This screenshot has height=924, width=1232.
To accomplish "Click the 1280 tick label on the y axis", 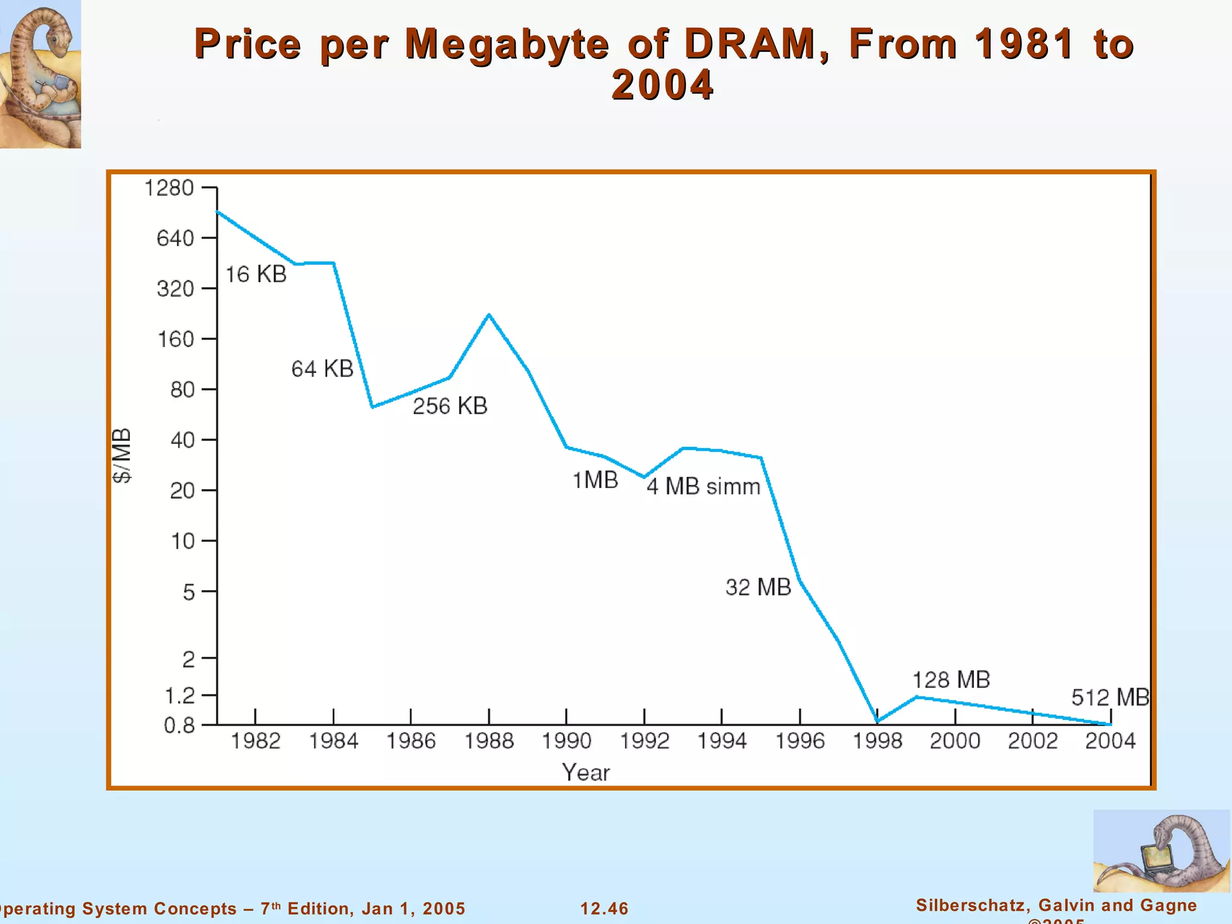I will (x=168, y=188).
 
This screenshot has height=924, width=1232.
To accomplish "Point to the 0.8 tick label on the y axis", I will (x=179, y=725).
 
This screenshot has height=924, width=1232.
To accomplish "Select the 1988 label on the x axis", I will (x=488, y=741).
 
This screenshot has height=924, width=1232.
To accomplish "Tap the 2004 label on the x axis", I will (x=1110, y=741).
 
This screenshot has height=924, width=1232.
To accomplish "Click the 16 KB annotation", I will (x=256, y=274).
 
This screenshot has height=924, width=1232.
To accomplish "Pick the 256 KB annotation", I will (x=449, y=406).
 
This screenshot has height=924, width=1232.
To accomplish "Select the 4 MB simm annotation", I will (x=703, y=486).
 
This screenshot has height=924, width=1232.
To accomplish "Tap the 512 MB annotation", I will (x=1110, y=698).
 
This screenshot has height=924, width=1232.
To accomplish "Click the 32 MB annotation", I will (x=758, y=587).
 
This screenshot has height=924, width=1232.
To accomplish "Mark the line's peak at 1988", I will (x=489, y=315).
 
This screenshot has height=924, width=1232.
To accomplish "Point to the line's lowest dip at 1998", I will (x=878, y=721).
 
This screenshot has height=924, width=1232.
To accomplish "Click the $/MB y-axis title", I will (x=122, y=455).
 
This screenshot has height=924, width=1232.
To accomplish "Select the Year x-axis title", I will (x=585, y=772).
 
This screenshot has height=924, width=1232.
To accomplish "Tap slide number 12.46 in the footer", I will (x=604, y=908).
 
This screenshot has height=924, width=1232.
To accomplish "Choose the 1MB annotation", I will (x=595, y=480).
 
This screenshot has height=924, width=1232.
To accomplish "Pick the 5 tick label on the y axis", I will (x=188, y=593).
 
